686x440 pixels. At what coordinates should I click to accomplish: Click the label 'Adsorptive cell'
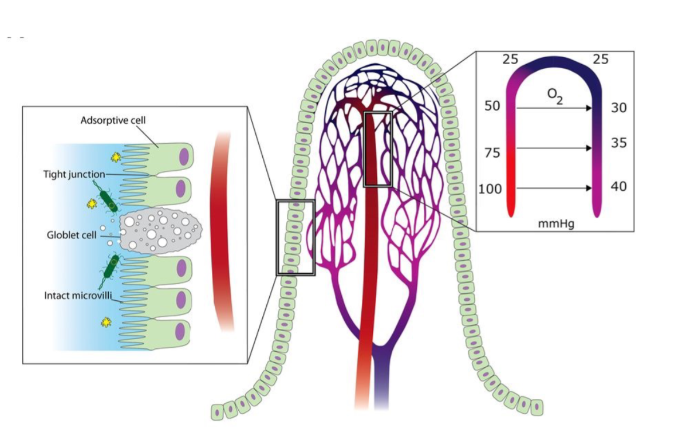tap(113, 121)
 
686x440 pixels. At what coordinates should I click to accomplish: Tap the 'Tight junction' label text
tap(74, 174)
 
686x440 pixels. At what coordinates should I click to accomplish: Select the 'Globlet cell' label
tap(72, 235)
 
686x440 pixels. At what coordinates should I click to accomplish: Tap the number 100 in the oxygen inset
tap(490, 188)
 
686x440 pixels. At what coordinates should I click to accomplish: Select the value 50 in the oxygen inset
tap(492, 107)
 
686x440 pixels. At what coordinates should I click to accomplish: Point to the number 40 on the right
tap(619, 186)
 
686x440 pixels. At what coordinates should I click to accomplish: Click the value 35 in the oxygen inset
tap(619, 143)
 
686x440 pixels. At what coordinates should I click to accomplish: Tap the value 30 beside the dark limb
tap(619, 108)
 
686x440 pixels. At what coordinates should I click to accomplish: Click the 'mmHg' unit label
tap(556, 223)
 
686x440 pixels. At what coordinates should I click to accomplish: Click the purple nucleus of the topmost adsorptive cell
tap(184, 156)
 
